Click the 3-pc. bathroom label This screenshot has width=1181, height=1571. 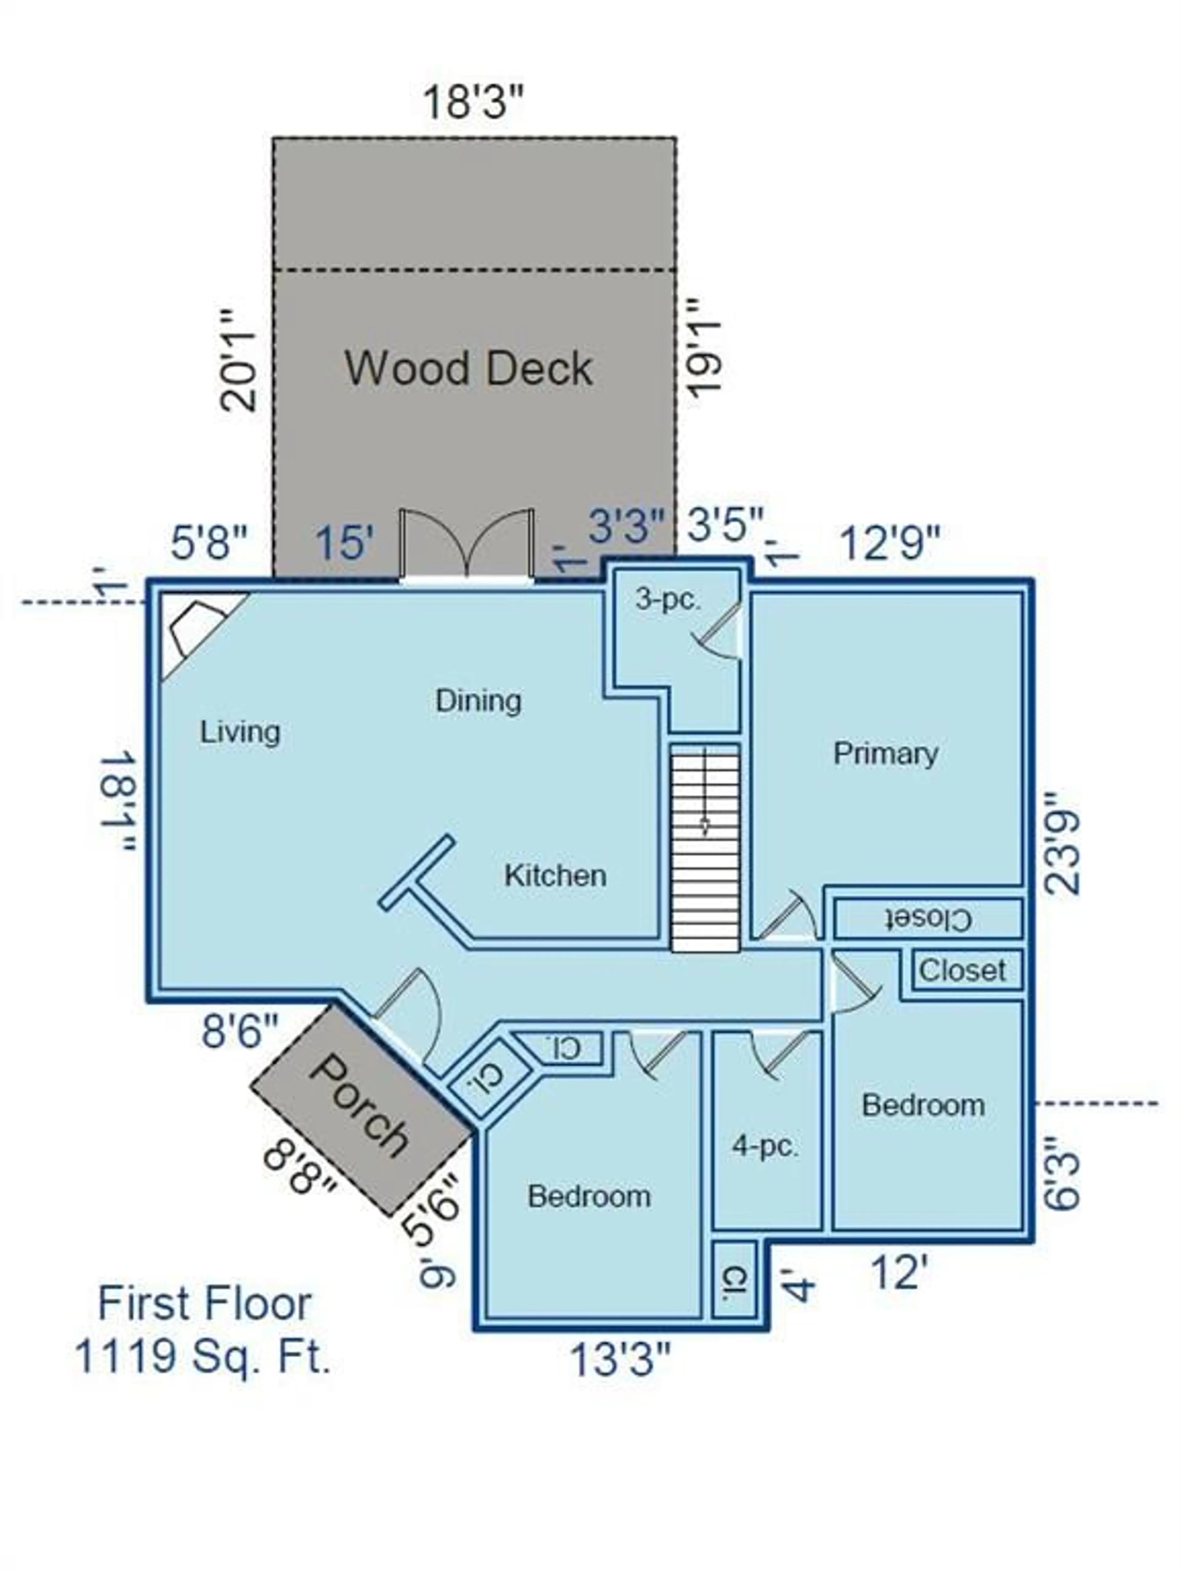tap(668, 600)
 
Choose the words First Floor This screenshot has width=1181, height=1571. tap(205, 1304)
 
